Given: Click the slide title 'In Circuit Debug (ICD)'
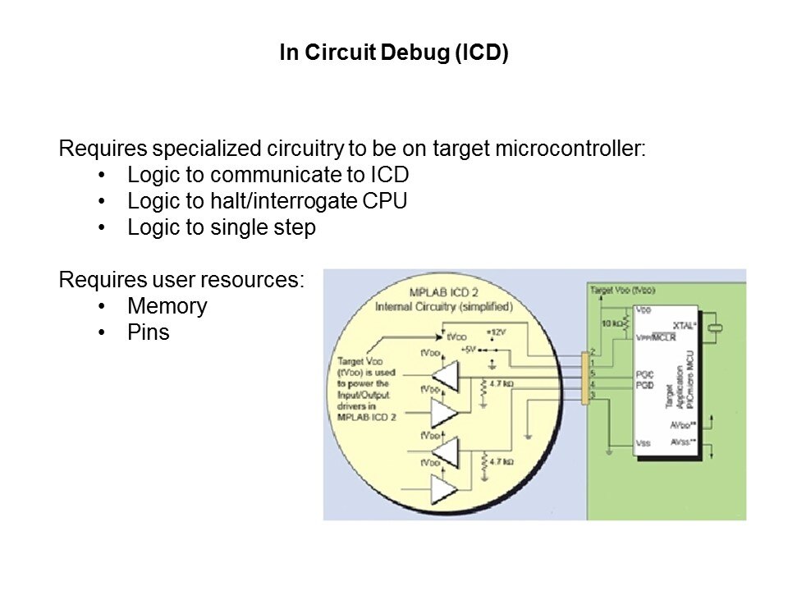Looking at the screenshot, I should tap(394, 54).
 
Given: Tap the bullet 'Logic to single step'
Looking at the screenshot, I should tap(221, 228).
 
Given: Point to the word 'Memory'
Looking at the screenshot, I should tap(167, 306).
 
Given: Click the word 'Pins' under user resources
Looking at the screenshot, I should tap(148, 332).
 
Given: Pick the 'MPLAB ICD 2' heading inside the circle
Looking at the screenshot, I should tap(442, 293).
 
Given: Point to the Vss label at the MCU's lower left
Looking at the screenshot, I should tap(644, 443).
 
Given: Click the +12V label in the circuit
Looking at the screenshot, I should tap(496, 332).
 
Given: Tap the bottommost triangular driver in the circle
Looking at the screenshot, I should tap(443, 490).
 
